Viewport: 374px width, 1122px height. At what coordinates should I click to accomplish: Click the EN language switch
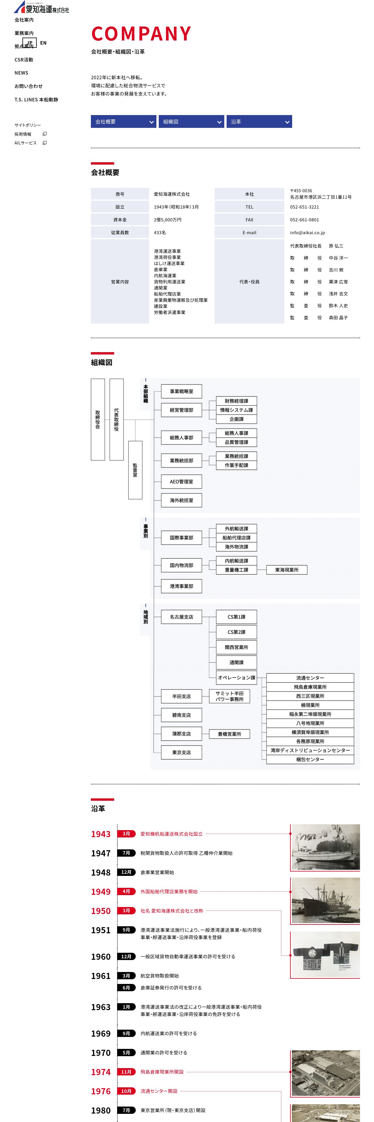tap(43, 43)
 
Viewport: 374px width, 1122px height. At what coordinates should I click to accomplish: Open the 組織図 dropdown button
tap(191, 121)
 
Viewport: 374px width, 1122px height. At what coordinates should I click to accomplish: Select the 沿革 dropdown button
tap(259, 121)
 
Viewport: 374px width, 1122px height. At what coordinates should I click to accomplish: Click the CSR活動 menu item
tap(24, 60)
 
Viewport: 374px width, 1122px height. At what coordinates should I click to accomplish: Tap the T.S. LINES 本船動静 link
tap(36, 100)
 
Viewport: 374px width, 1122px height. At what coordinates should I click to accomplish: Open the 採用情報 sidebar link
tap(23, 134)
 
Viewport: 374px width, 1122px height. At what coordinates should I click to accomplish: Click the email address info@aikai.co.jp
tap(307, 233)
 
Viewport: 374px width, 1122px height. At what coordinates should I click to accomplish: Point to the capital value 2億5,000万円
tap(167, 220)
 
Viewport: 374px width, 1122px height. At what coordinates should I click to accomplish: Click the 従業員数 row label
tap(120, 233)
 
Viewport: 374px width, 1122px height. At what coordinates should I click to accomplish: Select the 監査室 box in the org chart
tap(135, 470)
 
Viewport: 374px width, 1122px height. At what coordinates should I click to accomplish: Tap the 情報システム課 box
tap(237, 410)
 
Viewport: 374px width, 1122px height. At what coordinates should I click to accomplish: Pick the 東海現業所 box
tap(287, 570)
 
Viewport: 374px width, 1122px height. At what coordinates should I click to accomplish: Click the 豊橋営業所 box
tap(230, 734)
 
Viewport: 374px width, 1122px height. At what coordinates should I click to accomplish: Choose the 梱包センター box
tap(310, 759)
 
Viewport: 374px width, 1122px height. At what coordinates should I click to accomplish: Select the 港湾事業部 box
tap(181, 586)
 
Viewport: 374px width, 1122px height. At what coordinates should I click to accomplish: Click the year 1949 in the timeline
tap(100, 892)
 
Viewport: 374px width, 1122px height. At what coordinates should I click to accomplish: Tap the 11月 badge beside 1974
tap(126, 1072)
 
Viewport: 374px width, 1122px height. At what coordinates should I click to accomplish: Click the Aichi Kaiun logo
tap(41, 7)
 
